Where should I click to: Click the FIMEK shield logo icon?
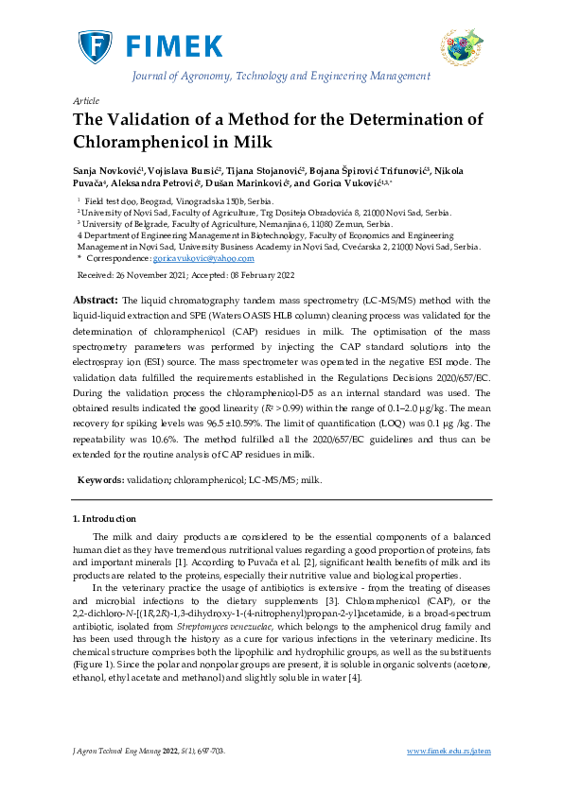[95, 45]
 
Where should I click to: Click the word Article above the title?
[86, 100]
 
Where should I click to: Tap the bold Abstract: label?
[96, 299]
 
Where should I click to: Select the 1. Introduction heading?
[104, 519]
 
